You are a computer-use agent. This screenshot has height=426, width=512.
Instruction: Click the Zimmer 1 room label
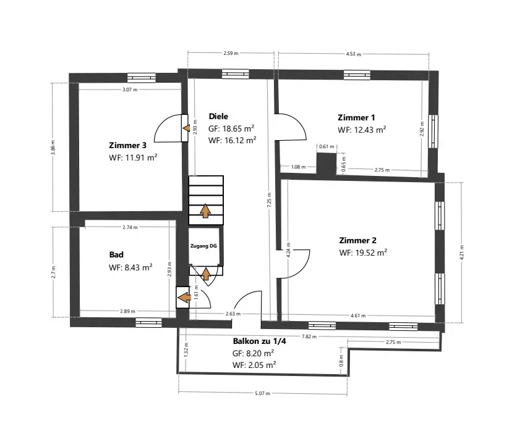point(356,117)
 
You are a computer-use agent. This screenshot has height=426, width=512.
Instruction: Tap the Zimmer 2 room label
point(357,240)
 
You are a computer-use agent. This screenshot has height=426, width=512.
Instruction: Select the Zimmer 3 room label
point(127,146)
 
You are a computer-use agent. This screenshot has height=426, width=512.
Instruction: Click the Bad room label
point(116,254)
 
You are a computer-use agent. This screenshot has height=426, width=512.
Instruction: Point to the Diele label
point(218,116)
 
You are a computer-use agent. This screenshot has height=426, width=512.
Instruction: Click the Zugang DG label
point(203,246)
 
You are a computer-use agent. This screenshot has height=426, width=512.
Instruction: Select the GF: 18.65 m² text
point(232,128)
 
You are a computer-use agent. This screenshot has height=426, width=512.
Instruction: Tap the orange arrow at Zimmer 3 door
point(186,127)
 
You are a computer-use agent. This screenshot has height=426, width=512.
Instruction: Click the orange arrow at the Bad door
point(184,298)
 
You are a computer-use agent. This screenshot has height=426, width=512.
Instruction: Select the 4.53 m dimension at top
point(353,54)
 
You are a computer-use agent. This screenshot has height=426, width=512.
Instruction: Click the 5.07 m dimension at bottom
point(263,393)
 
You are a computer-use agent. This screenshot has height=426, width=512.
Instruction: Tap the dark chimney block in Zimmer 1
point(325,164)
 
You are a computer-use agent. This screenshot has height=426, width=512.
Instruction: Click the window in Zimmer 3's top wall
point(142,77)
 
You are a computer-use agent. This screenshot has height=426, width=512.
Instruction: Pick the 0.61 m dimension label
point(326,147)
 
